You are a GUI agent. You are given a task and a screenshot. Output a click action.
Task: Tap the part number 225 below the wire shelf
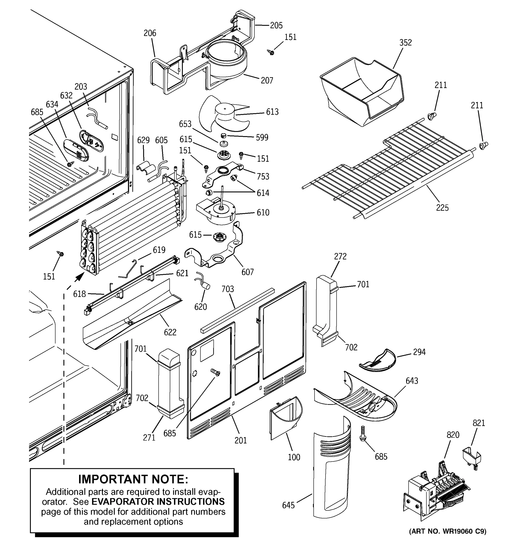[x=442, y=208]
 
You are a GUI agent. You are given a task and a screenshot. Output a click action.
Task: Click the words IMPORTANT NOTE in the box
[x=133, y=479]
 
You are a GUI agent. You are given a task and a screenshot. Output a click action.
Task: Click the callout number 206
[x=150, y=33]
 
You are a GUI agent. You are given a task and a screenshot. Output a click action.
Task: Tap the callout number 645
[x=288, y=505]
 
